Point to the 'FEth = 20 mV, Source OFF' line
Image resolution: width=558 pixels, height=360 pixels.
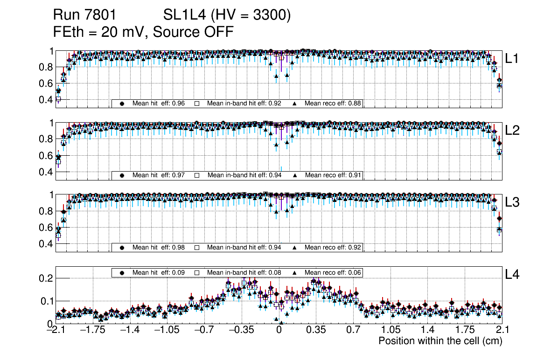tap(143, 32)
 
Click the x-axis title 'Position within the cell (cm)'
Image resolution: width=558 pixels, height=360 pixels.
tap(440, 341)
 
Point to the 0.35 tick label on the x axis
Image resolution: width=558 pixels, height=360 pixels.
tap(316, 330)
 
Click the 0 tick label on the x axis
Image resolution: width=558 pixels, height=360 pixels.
tap(279, 330)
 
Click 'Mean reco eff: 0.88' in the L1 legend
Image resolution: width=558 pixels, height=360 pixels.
tap(333, 104)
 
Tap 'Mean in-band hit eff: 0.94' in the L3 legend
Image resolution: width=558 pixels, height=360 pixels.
tap(244, 247)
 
